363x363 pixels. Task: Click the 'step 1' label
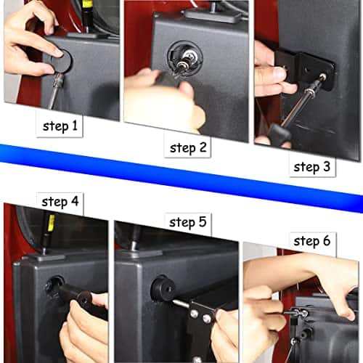60,126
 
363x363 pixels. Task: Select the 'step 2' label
188,148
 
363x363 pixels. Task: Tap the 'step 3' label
311,166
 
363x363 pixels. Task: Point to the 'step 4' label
61,202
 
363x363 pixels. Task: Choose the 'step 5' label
187,222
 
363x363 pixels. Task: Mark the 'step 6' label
311,240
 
